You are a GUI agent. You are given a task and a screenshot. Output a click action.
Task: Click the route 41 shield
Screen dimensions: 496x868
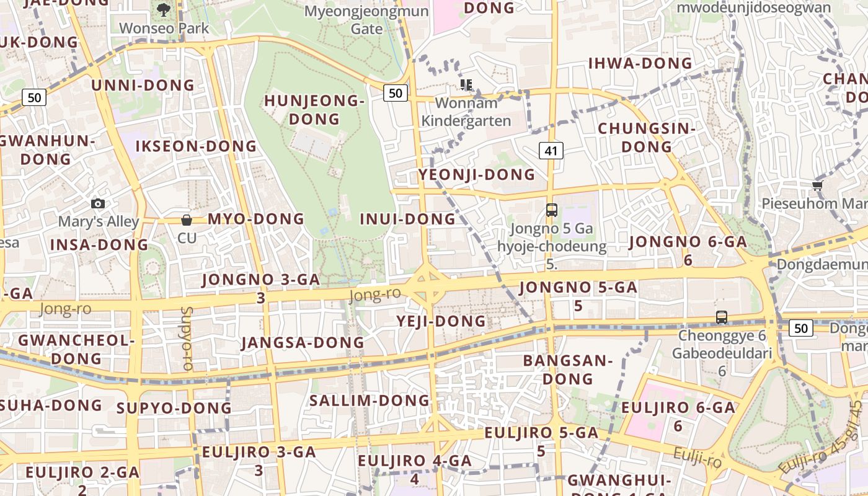551,150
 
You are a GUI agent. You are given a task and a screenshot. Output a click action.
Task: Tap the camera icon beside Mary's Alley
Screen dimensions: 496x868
97,203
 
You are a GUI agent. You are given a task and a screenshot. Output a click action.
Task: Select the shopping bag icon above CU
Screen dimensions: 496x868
186,219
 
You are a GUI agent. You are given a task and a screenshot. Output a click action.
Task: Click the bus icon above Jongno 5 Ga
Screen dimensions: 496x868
551,210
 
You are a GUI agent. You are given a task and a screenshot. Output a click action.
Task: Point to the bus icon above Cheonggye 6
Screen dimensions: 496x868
722,317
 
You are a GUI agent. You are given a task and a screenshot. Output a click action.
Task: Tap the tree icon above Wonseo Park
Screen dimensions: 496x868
164,9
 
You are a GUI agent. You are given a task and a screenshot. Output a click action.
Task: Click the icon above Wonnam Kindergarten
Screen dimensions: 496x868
466,85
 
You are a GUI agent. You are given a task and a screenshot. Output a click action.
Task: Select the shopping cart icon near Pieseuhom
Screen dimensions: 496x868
817,185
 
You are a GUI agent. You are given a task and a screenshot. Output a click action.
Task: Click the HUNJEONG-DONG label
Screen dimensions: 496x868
314,110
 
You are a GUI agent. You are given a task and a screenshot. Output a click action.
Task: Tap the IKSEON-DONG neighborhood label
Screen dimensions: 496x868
196,146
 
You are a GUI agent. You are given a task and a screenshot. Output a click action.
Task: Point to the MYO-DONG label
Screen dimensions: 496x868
256,219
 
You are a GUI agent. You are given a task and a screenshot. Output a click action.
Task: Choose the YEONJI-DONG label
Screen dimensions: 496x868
476,175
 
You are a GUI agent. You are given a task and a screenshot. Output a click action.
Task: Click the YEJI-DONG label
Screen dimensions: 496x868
441,321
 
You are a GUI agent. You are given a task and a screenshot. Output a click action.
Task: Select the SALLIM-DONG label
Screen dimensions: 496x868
370,401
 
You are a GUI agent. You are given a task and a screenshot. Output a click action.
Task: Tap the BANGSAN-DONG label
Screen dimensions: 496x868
567,370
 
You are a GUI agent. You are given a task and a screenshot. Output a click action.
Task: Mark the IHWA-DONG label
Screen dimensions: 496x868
640,63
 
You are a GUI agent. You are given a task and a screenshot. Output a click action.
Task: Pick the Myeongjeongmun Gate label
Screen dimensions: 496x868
367,20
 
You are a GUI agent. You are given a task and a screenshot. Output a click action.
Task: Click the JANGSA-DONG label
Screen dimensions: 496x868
303,343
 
